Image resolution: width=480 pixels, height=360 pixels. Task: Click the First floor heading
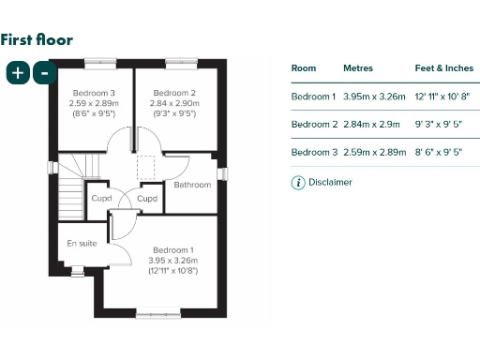(x=37, y=39)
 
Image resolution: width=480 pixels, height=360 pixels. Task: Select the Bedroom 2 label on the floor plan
(x=173, y=93)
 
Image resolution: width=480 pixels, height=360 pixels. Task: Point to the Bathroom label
(x=192, y=185)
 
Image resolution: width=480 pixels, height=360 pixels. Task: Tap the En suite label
(x=81, y=244)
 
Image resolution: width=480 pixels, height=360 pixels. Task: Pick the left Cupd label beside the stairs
(x=101, y=199)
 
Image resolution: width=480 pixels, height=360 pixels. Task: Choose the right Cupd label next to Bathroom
(x=147, y=199)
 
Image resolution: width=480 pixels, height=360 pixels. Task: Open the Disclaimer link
(x=330, y=183)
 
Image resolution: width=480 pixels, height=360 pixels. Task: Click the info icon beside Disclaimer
(x=298, y=183)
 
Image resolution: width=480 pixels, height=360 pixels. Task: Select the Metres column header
(x=358, y=68)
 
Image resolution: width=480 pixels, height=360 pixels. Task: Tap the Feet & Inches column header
(x=443, y=68)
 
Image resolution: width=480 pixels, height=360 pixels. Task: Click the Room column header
(x=304, y=68)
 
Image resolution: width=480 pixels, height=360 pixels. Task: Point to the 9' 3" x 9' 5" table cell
(x=443, y=124)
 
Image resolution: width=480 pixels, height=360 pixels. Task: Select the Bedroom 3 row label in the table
(x=313, y=151)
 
